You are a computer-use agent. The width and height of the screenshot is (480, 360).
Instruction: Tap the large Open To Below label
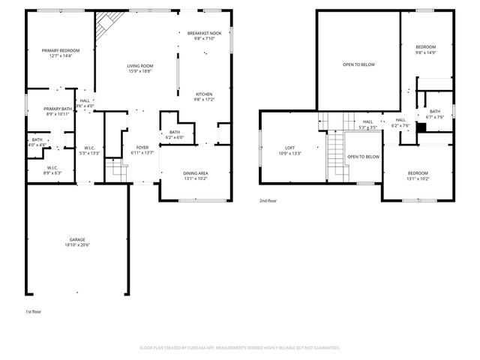click(358, 64)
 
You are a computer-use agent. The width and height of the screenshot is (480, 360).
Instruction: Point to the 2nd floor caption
click(268, 201)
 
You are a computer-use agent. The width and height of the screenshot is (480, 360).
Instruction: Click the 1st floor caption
click(34, 310)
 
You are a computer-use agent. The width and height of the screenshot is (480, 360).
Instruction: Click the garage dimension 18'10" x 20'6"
click(77, 245)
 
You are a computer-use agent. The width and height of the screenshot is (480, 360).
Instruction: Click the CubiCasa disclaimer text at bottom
click(240, 347)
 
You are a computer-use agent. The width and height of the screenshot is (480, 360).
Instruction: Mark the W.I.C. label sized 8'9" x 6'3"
click(52, 169)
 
